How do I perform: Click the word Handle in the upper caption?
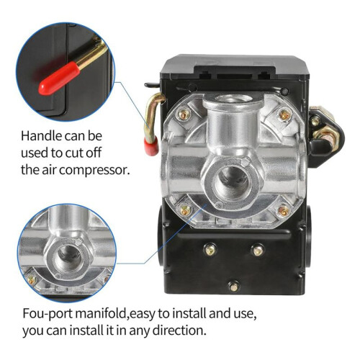click(x=41, y=136)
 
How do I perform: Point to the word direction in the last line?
click(x=179, y=330)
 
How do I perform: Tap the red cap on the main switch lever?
click(x=151, y=145)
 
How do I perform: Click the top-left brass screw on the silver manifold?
click(x=184, y=114)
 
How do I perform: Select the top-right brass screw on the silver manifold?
click(x=284, y=115)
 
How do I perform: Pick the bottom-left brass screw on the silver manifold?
click(x=185, y=210)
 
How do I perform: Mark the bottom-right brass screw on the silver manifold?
click(x=284, y=210)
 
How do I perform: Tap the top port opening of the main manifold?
click(x=233, y=98)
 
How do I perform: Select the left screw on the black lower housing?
click(x=210, y=251)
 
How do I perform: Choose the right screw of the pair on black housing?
click(x=258, y=251)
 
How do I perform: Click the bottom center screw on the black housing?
click(x=233, y=286)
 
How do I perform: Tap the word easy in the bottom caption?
click(x=142, y=315)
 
